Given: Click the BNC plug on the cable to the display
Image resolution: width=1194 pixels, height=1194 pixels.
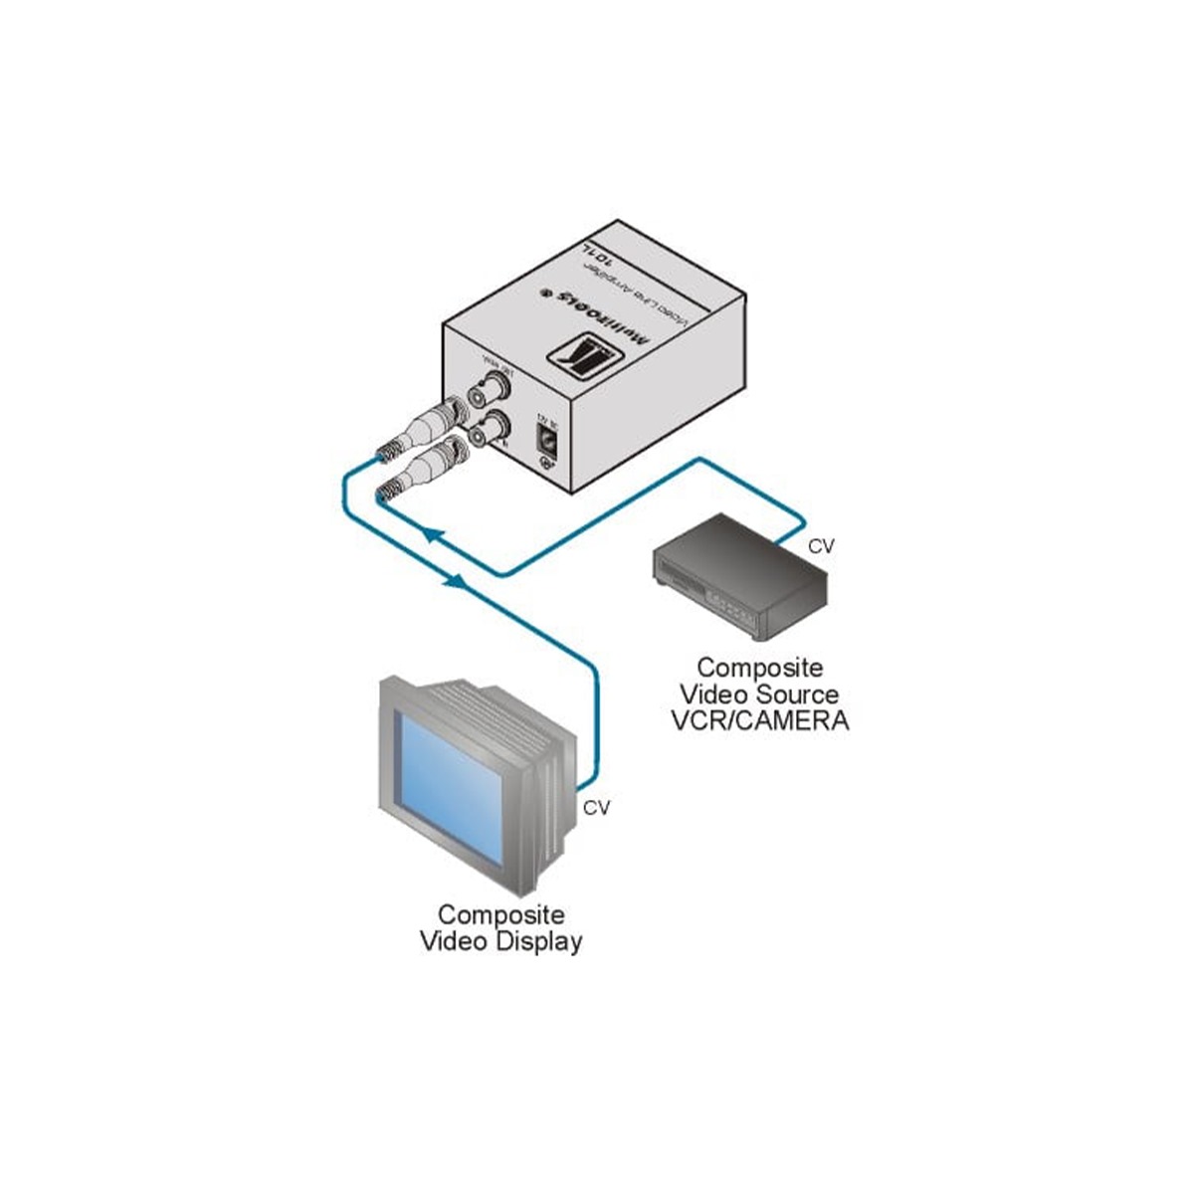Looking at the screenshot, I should tap(419, 425).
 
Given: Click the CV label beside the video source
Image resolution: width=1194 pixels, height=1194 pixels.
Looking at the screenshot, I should tap(821, 546).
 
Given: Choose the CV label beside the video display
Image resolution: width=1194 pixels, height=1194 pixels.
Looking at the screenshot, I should tap(596, 808).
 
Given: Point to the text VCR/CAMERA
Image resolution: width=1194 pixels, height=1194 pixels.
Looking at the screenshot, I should tap(761, 720).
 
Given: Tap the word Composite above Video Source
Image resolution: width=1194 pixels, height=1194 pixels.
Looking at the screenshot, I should tap(759, 667).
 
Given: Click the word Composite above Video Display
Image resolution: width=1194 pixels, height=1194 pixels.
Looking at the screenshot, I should tap(501, 914).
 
